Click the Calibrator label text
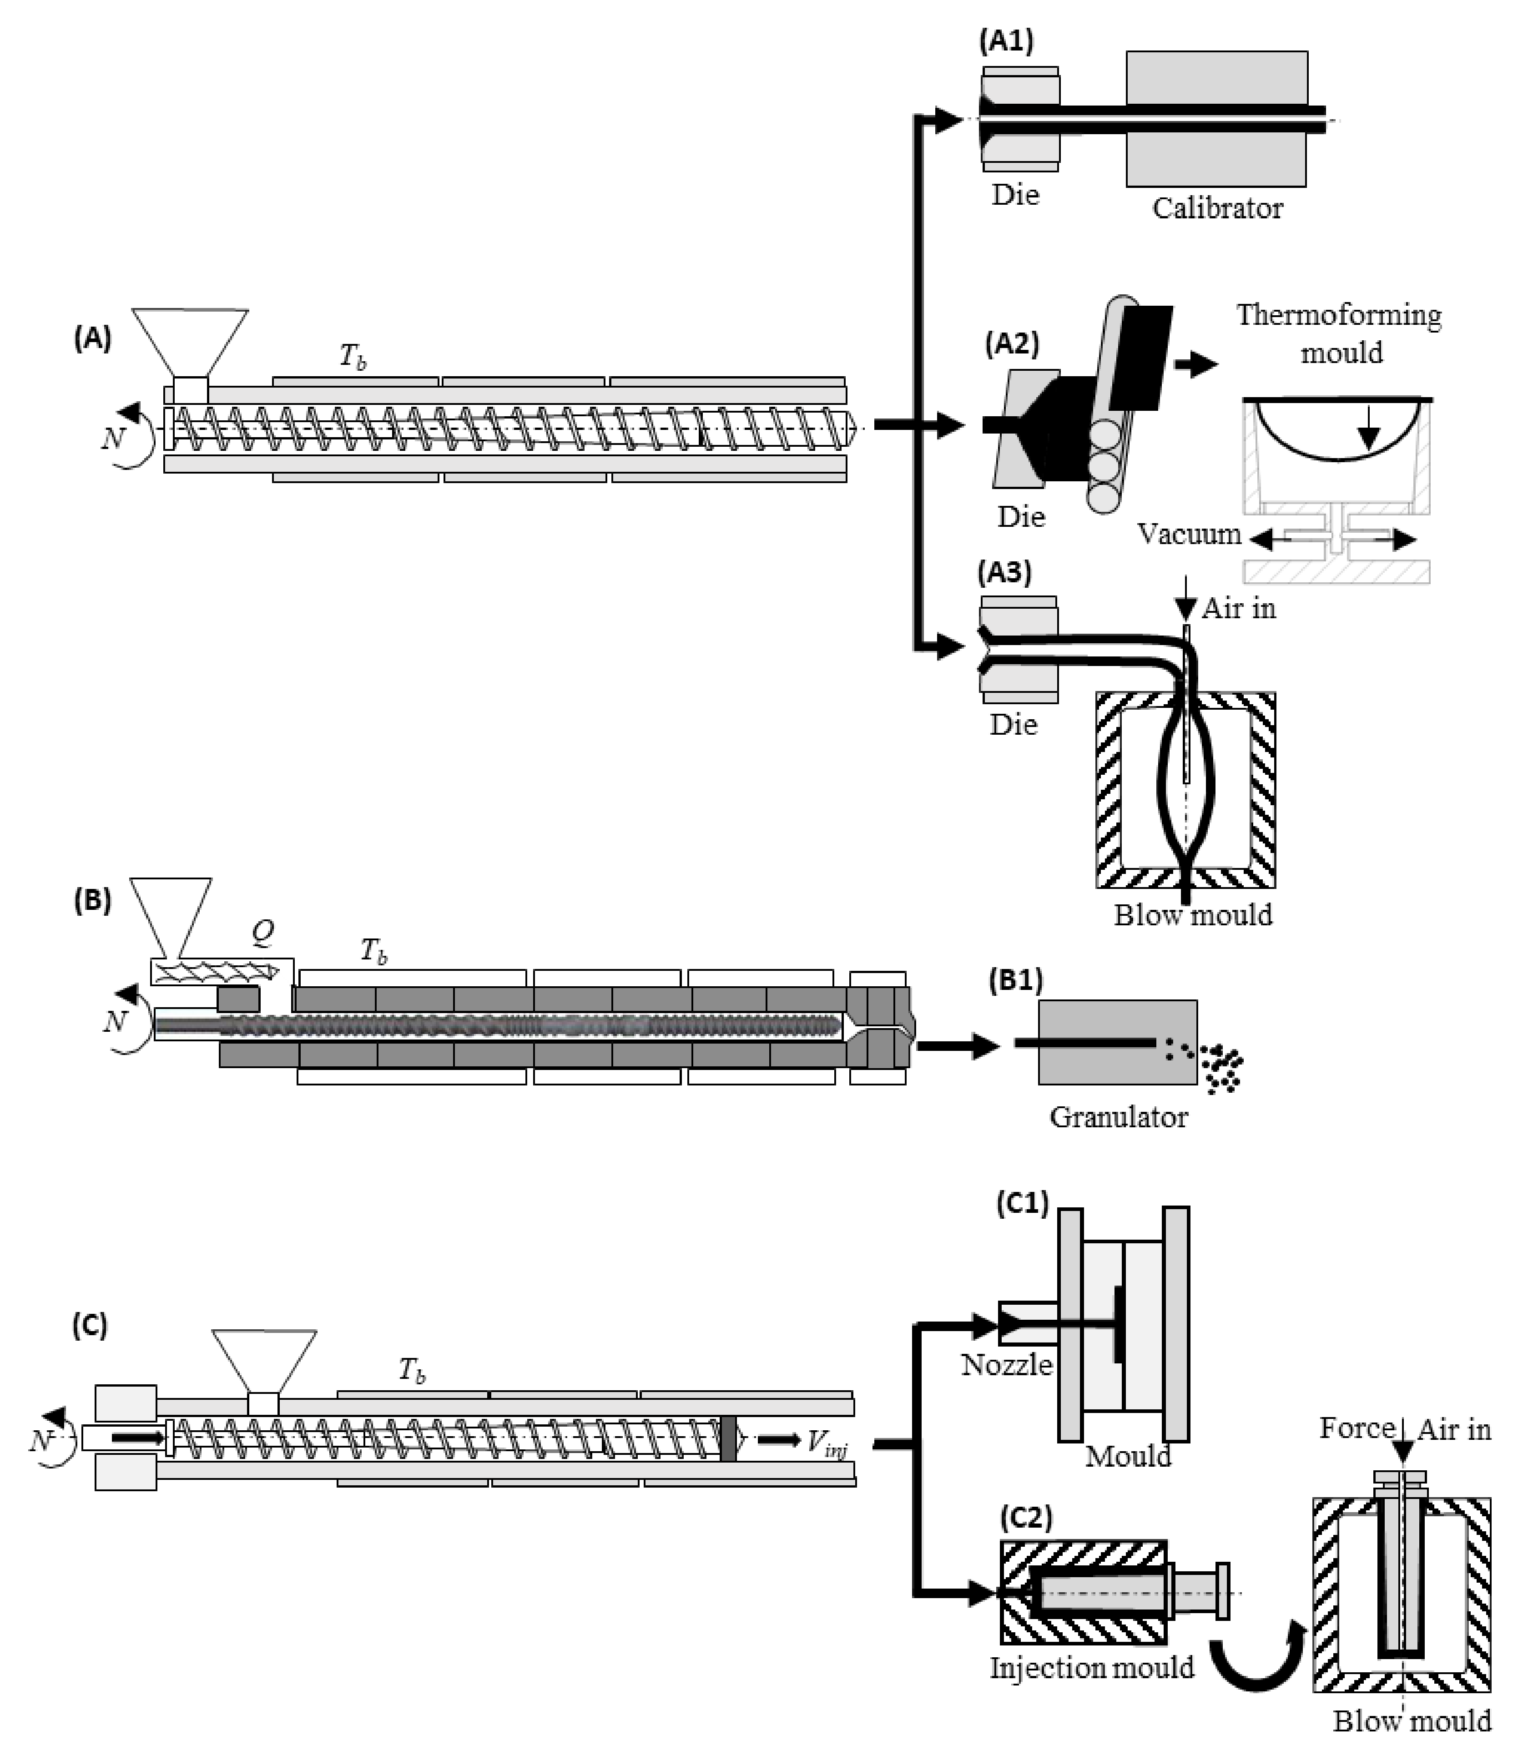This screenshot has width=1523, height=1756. click(1217, 208)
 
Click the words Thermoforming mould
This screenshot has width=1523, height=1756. click(1339, 333)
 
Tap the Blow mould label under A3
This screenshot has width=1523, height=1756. click(1193, 915)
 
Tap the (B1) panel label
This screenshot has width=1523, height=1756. click(1015, 980)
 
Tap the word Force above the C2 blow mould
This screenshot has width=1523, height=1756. click(1357, 1429)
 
